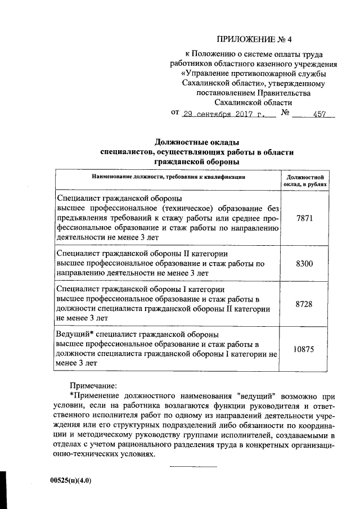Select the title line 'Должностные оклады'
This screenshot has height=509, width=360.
tap(197, 141)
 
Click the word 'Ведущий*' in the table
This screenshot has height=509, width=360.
tap(71, 334)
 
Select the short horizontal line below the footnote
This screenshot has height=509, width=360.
tap(193, 467)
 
